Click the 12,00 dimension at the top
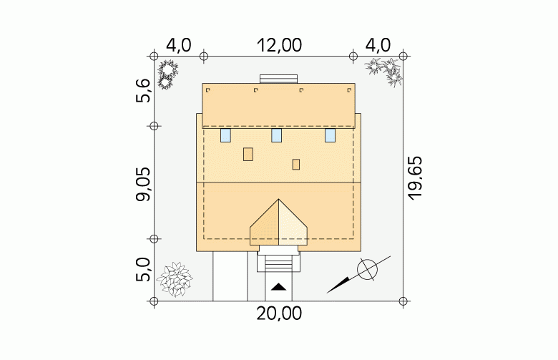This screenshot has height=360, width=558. click(x=279, y=45)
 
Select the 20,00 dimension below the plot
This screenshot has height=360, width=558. click(x=279, y=313)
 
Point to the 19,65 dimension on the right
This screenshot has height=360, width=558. click(x=415, y=178)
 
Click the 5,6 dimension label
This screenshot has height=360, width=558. click(x=143, y=91)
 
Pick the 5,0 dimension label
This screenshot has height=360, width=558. click(x=143, y=270)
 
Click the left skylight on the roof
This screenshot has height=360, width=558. click(x=225, y=135)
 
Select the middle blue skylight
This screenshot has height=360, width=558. click(x=277, y=135)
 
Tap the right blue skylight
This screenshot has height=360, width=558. click(x=330, y=135)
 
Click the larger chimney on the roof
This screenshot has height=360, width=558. click(x=248, y=154)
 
